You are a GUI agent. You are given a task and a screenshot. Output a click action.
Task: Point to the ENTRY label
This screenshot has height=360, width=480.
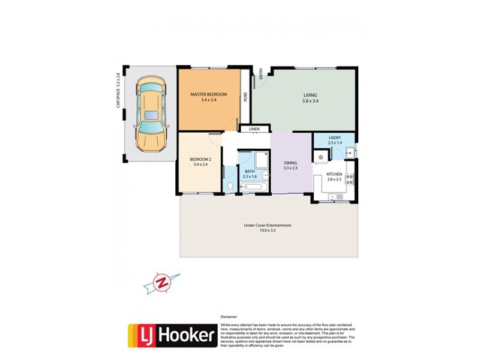261,74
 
